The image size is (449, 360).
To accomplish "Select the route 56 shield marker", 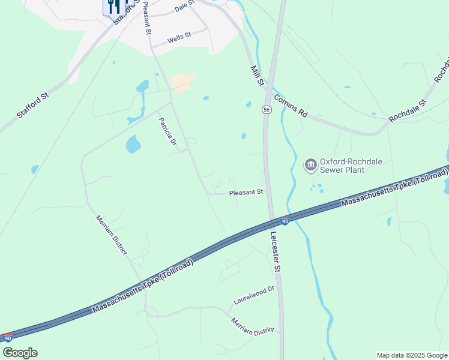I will coord(266,110).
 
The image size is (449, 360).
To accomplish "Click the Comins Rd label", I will coord(291,106).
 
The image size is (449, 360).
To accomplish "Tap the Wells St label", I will coord(179,37).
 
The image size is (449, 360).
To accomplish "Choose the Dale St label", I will coord(185,7).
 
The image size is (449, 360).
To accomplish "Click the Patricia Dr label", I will coord(167,131).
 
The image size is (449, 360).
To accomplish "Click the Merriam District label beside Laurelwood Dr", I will coord(252,327).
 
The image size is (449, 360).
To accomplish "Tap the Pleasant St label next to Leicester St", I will coord(246,193).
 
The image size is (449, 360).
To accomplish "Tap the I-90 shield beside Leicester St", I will coord(285,221).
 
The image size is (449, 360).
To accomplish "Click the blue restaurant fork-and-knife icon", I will coord(113,7).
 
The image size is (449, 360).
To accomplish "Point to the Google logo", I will coord(20,353).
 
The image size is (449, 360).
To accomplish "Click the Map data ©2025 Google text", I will coord(412,355).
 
